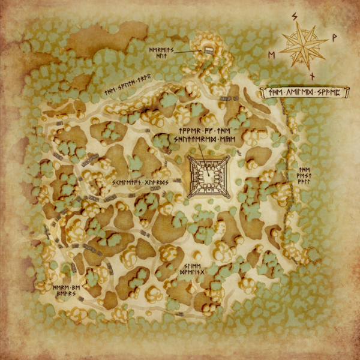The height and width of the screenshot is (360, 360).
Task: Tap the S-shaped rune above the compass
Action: pyautogui.click(x=295, y=16)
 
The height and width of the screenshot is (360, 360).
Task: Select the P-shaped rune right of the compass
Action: pyautogui.click(x=334, y=37)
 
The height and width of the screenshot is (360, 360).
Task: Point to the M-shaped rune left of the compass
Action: pyautogui.click(x=272, y=55)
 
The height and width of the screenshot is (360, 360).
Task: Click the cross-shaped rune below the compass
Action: pyautogui.click(x=312, y=76)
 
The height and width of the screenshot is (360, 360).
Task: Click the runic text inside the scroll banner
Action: pyautogui.click(x=306, y=92)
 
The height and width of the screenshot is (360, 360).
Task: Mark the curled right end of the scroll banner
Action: pyautogui.click(x=348, y=92)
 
